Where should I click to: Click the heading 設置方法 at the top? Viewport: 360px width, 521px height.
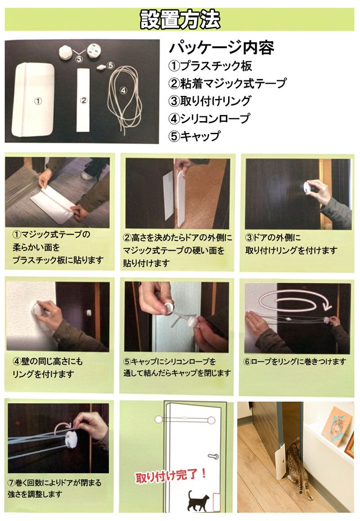[180, 19]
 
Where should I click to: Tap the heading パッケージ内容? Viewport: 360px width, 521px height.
[221, 48]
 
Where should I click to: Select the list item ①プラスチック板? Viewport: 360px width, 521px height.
[210, 66]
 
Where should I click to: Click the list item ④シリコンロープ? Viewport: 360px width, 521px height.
[209, 118]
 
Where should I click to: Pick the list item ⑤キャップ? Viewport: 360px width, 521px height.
[194, 136]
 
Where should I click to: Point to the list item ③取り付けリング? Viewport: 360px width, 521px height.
[210, 101]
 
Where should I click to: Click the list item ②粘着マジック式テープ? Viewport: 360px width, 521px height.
[227, 83]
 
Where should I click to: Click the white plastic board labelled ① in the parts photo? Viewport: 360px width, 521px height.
[33, 100]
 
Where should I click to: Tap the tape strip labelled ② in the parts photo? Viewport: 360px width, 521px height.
[83, 100]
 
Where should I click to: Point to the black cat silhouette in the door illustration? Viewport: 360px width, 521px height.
[198, 500]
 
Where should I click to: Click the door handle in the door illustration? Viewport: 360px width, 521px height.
[213, 456]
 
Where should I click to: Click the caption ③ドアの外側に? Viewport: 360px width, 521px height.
[273, 237]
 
